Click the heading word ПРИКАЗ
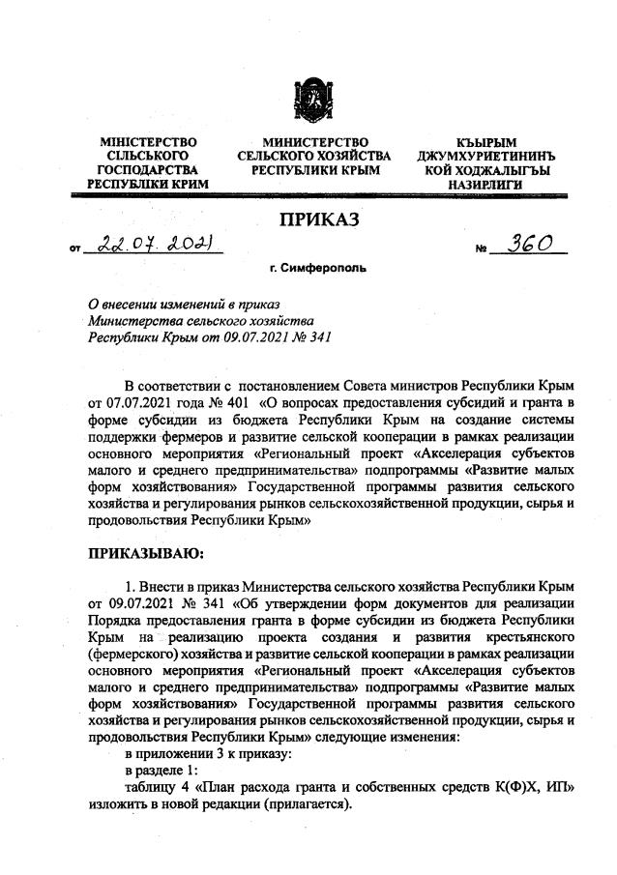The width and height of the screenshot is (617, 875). click(319, 219)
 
